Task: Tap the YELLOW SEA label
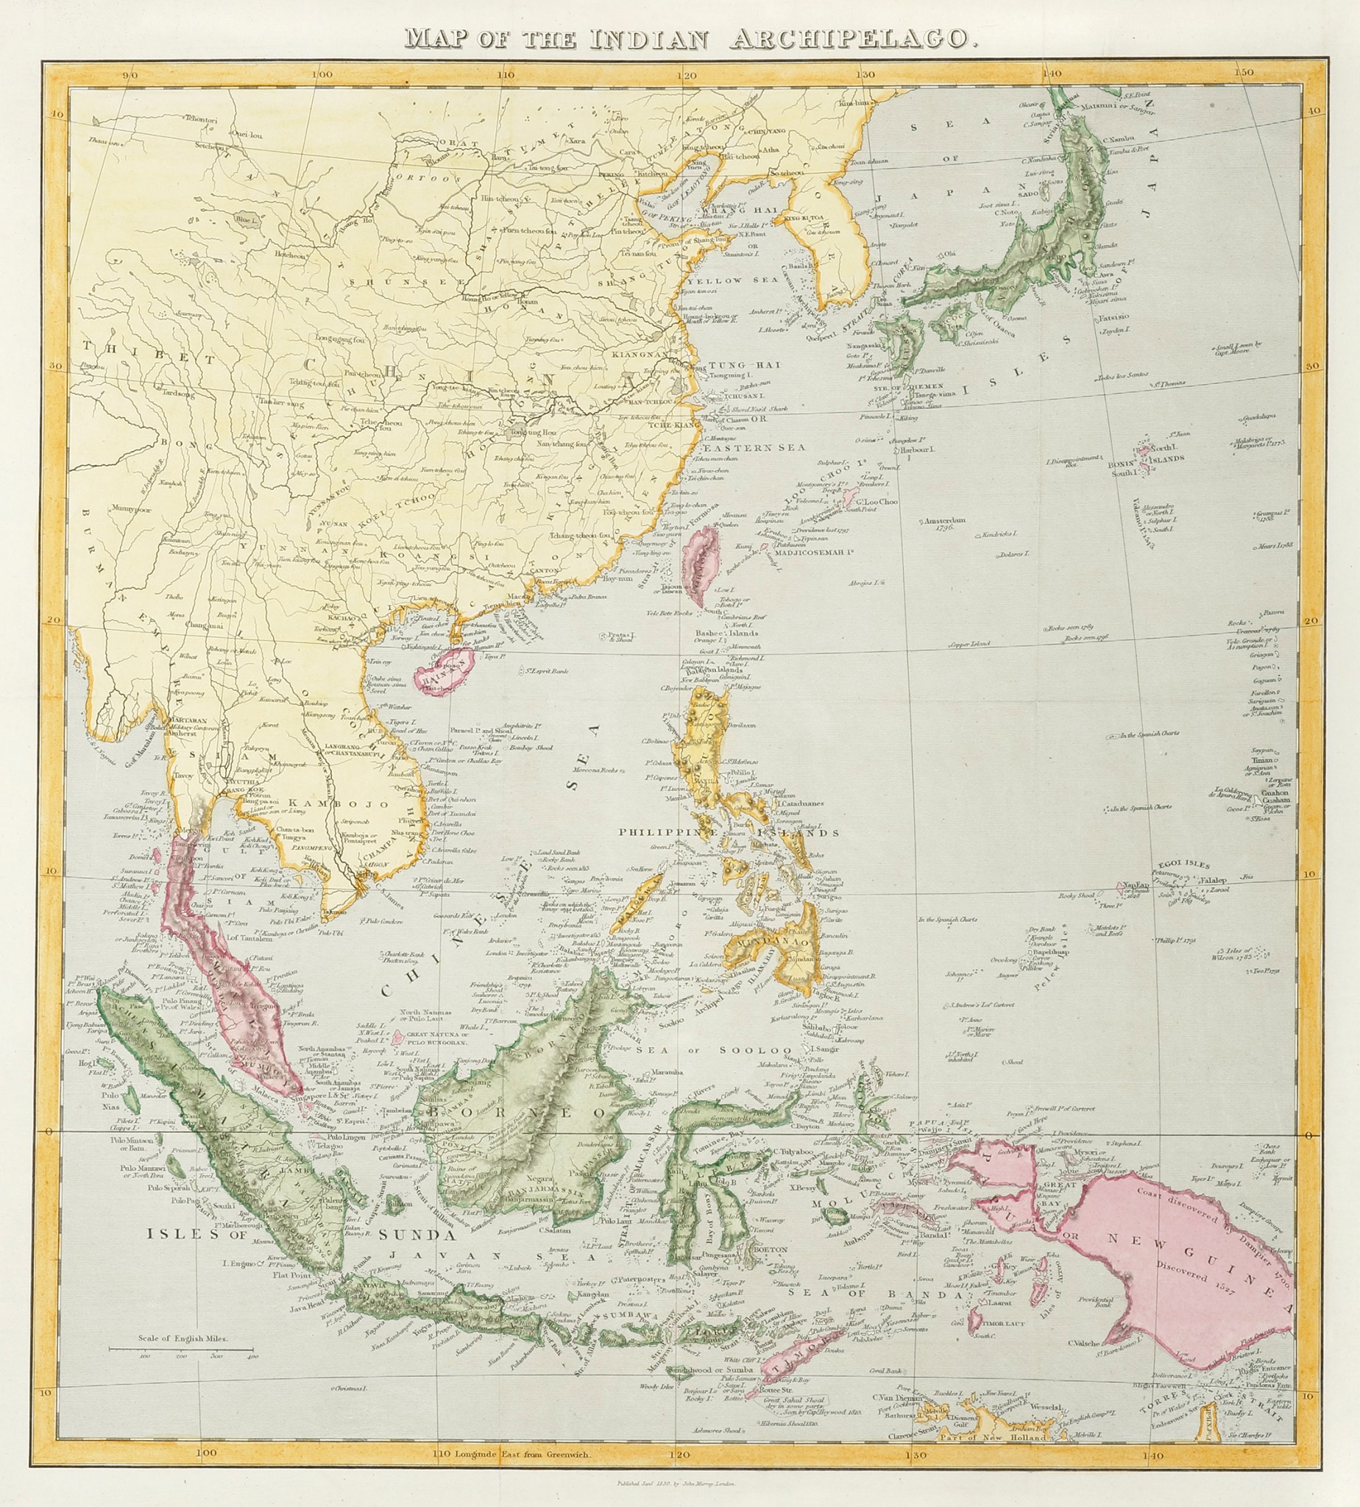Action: (713, 281)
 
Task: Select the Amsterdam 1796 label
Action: (946, 522)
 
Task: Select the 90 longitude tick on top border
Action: (130, 74)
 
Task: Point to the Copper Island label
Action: (969, 643)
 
